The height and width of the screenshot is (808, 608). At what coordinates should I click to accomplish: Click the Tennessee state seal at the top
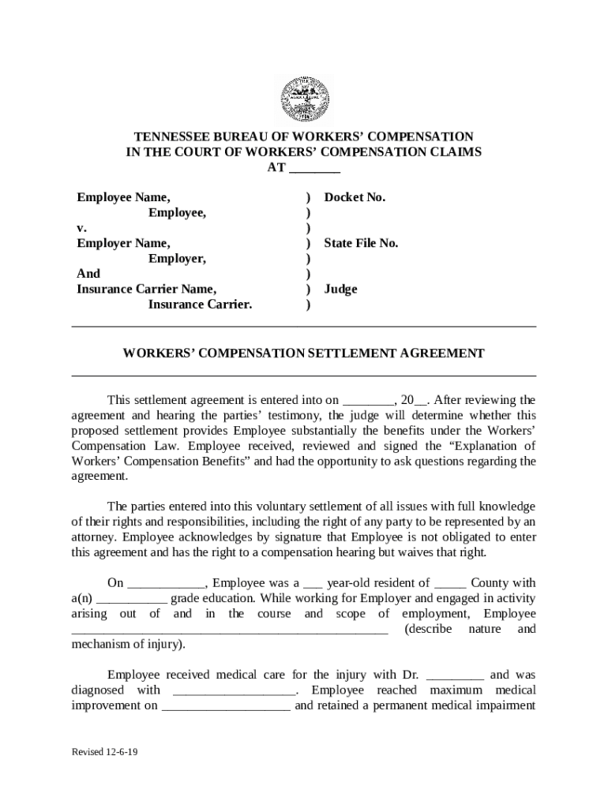(x=304, y=99)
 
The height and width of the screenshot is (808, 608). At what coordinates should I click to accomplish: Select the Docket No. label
(x=355, y=197)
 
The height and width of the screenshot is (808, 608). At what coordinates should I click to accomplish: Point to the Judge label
(x=340, y=289)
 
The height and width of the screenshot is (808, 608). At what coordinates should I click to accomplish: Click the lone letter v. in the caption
(x=81, y=228)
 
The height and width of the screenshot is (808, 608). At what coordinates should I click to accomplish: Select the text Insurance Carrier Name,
(x=146, y=289)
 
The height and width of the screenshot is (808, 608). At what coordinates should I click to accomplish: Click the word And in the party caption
(x=88, y=274)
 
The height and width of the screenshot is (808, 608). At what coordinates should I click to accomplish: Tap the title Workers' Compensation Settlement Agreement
(x=304, y=353)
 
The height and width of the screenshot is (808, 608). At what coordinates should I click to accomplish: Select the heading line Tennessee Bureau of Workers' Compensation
(x=304, y=137)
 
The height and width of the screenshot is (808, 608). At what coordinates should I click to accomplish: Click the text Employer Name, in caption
(x=123, y=243)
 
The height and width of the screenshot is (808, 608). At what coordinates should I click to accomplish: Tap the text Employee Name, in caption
(x=123, y=197)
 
